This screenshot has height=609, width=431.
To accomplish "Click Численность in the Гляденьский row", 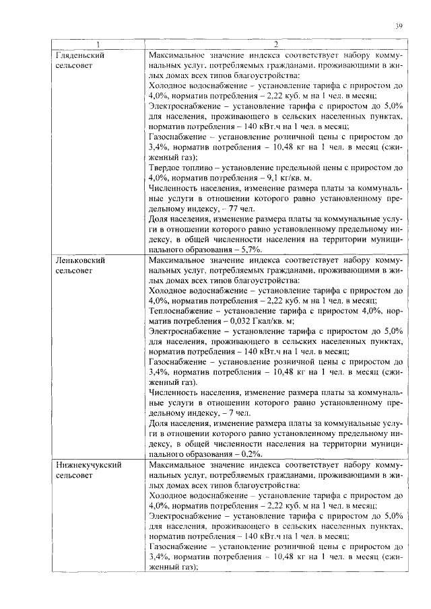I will pos(175,187).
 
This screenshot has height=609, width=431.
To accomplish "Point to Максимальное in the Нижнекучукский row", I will pos(178,464).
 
